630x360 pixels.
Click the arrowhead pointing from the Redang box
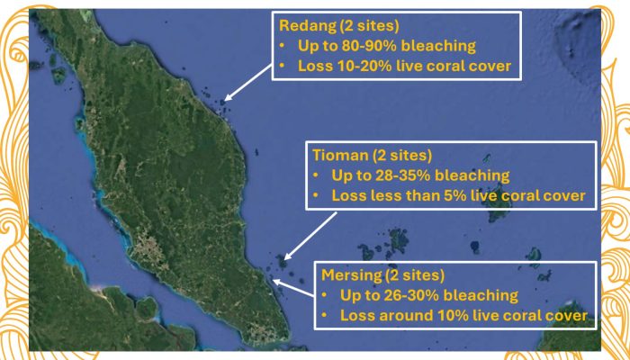[228, 97]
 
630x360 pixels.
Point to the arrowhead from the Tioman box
[288, 256]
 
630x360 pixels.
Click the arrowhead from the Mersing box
[277, 281]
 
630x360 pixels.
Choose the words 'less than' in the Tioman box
[405, 195]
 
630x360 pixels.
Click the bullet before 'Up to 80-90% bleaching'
[282, 46]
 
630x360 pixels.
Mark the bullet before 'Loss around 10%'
[324, 316]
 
